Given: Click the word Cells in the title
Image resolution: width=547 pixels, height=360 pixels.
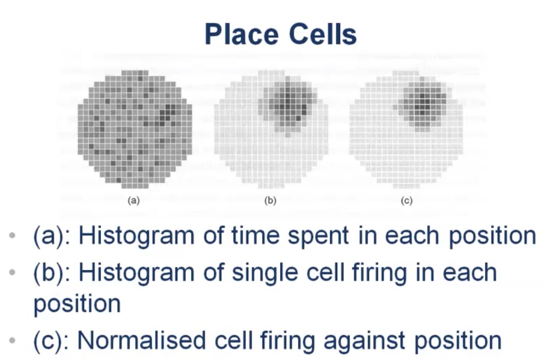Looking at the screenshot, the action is click(x=323, y=34).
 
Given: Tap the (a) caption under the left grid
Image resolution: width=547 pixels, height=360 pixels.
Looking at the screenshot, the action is click(x=133, y=201).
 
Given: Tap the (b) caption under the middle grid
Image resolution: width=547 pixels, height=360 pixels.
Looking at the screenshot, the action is click(x=270, y=201).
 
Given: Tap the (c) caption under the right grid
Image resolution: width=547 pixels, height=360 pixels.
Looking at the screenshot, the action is click(x=407, y=201).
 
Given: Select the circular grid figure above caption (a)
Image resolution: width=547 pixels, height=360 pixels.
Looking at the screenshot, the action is click(x=134, y=129).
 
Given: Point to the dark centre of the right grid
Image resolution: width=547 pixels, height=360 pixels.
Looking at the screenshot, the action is click(x=423, y=103).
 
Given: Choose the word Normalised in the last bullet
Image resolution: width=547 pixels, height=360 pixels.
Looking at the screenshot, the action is click(x=141, y=340).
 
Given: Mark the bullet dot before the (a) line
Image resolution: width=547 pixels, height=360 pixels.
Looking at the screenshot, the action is click(x=12, y=235).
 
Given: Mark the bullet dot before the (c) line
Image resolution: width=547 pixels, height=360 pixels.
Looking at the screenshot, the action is click(x=12, y=340).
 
